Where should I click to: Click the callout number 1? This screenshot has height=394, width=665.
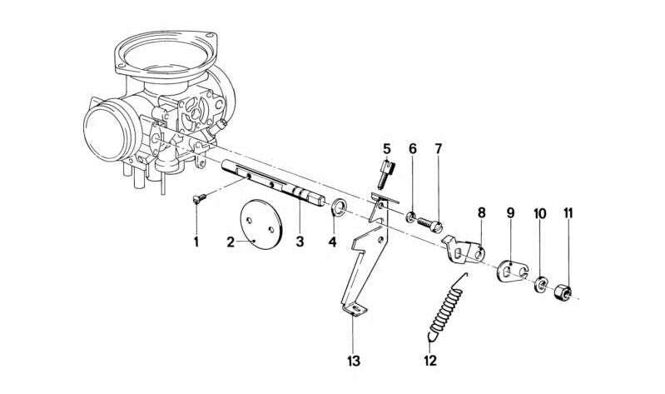tap(196, 242)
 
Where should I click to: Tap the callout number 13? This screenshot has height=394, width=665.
tap(353, 362)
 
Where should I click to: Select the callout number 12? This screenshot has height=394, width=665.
tap(429, 361)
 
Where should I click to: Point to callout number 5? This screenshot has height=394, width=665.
tap(386, 149)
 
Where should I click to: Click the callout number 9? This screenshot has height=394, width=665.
tap(510, 213)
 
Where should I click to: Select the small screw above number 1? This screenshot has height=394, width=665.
tap(199, 198)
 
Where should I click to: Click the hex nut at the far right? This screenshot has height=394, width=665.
tap(563, 292)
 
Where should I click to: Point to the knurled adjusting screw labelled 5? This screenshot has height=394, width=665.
tap(385, 173)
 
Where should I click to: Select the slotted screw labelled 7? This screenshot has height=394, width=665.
tap(430, 224)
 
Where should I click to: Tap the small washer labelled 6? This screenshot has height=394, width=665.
tap(410, 217)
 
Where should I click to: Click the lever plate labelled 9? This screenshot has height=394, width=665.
tap(512, 271)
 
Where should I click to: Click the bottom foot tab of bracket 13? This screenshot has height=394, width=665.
tap(354, 309)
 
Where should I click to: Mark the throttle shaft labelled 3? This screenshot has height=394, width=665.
tap(274, 183)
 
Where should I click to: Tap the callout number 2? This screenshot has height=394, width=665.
tap(231, 242)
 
